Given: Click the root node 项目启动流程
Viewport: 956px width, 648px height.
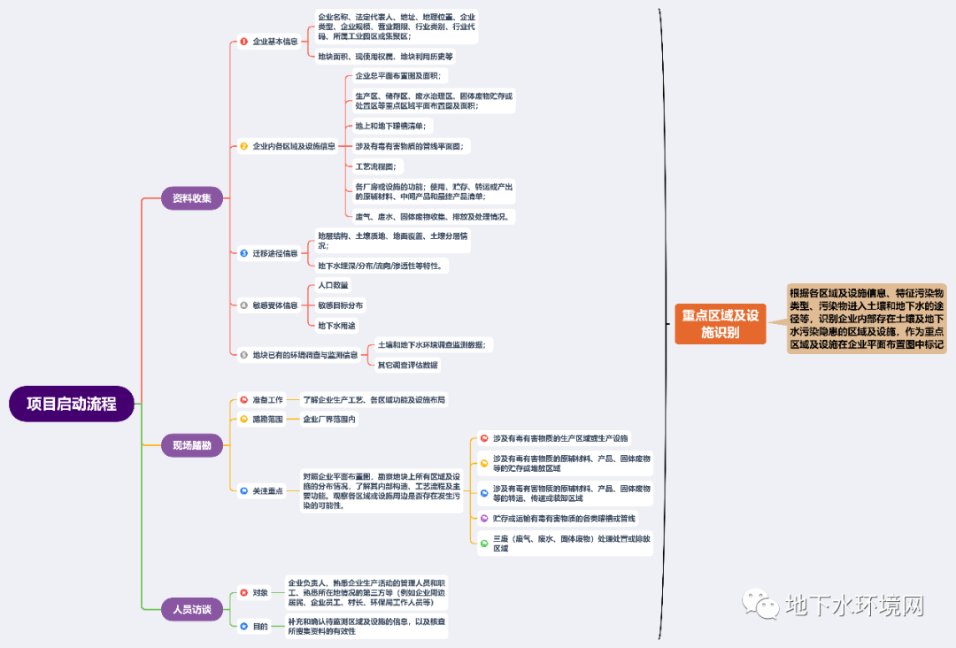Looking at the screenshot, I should [x=72, y=404].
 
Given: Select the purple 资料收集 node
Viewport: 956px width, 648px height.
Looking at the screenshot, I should [x=191, y=198].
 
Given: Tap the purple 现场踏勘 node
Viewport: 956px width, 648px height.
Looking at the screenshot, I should [x=191, y=446].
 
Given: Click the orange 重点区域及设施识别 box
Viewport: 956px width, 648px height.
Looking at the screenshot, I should [x=720, y=323].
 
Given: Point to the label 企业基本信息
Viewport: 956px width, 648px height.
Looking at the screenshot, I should [x=274, y=42].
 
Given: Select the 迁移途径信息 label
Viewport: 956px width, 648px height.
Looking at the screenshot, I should [x=274, y=253].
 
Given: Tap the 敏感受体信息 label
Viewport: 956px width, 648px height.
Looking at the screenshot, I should [x=274, y=305].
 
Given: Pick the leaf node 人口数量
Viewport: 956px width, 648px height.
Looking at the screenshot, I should [x=334, y=285].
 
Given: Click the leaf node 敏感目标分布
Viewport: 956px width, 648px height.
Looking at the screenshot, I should [x=341, y=305].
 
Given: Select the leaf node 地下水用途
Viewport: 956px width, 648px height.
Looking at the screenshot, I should [x=336, y=326].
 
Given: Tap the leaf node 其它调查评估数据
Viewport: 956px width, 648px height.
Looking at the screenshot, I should [x=407, y=365].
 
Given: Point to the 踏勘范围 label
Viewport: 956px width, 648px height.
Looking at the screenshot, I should [x=267, y=420].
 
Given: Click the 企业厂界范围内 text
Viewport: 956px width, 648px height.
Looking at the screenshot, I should [x=329, y=420].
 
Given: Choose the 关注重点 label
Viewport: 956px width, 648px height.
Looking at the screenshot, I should [x=267, y=490].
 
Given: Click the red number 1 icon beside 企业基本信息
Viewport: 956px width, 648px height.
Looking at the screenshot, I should [x=243, y=42].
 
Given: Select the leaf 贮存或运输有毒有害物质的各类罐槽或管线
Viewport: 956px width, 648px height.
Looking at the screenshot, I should [x=564, y=518].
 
